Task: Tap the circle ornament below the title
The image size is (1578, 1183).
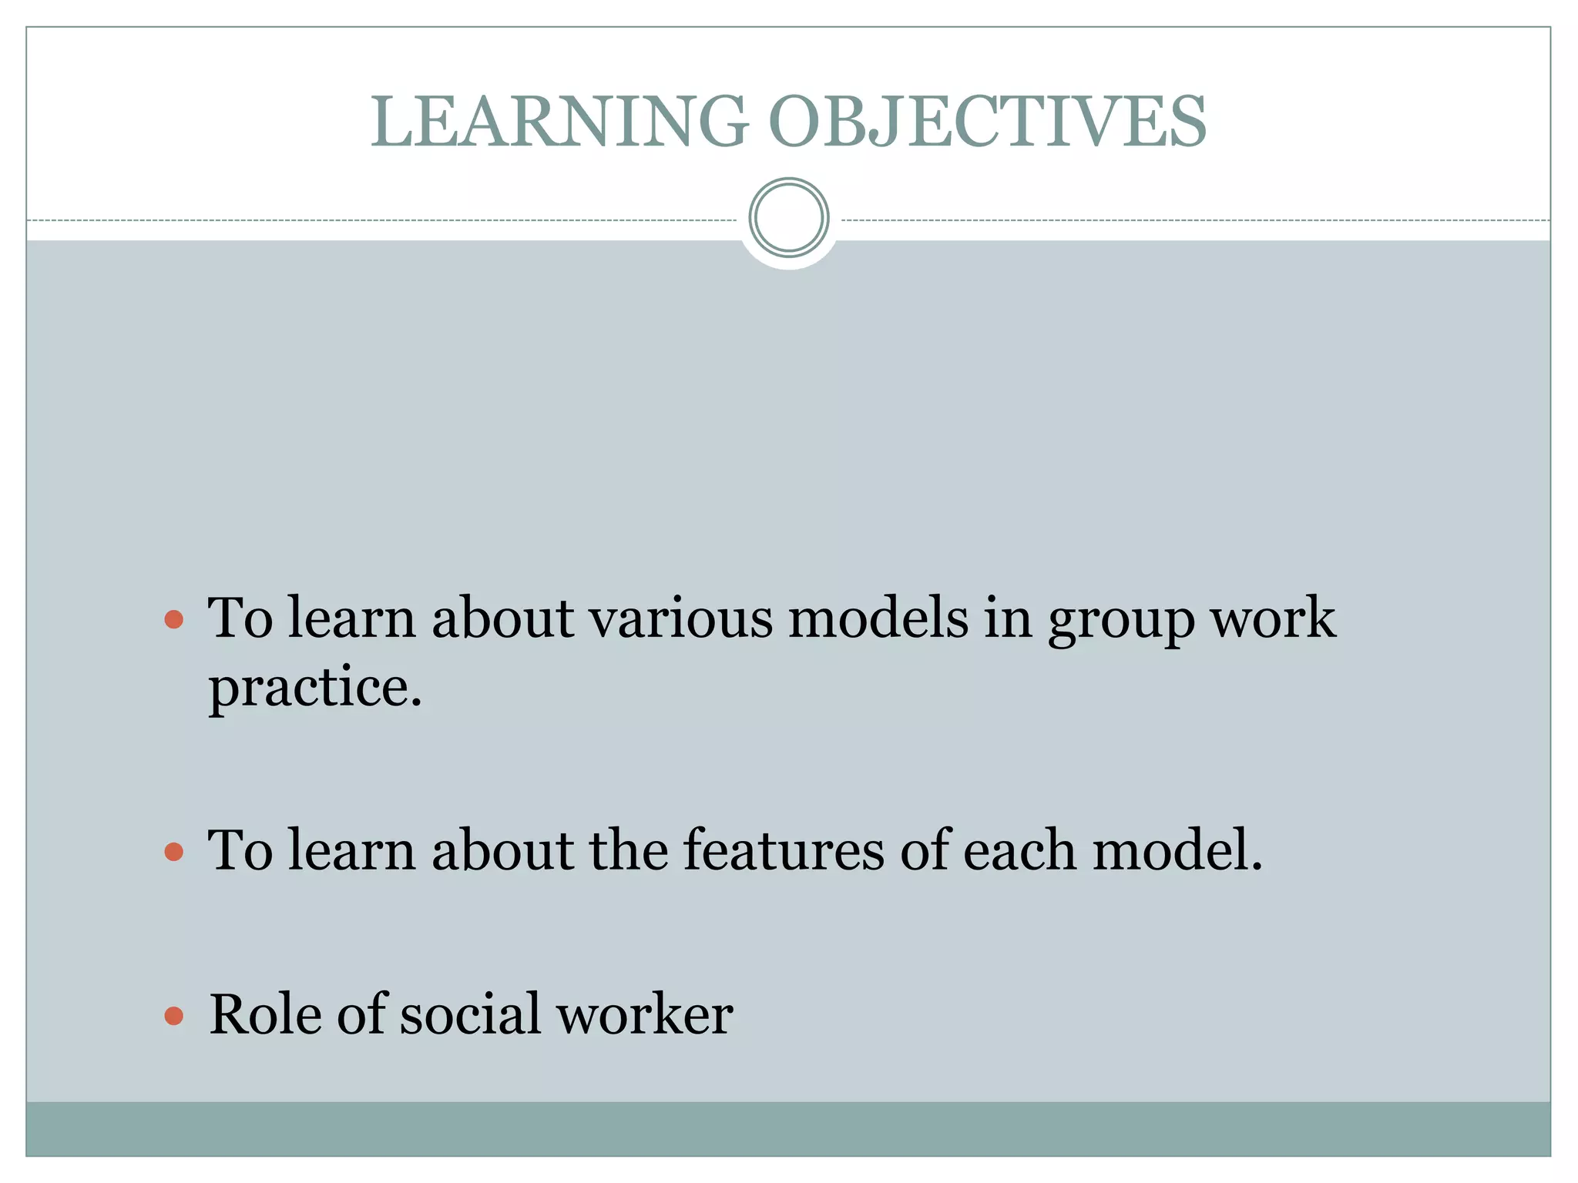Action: [789, 218]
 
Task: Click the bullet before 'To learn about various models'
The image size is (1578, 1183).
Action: [174, 619]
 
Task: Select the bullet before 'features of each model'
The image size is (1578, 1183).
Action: [174, 851]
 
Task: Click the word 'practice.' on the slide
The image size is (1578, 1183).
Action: [315, 687]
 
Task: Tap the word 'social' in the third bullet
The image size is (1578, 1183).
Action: [470, 1014]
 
